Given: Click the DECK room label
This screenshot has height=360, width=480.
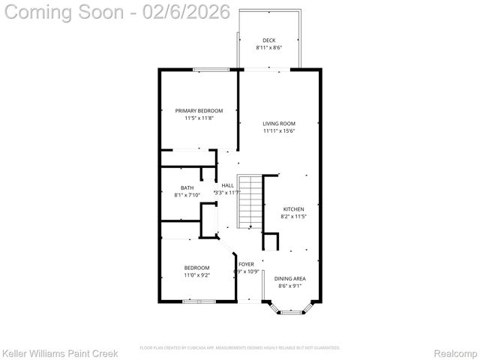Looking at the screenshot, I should click(x=268, y=40).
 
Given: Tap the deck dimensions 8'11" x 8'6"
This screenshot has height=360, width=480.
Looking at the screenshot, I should click(x=268, y=47).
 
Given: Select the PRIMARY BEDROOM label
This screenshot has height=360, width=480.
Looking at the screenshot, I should click(x=199, y=111).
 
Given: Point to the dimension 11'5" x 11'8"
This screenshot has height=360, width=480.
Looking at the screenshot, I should click(x=199, y=118).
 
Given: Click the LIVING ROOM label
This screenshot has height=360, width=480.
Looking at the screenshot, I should click(x=279, y=124).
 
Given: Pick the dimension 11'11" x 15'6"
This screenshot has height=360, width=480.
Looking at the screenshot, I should click(x=279, y=130).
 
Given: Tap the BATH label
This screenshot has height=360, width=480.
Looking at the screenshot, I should click(x=187, y=188).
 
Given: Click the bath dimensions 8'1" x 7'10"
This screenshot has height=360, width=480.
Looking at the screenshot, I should click(x=187, y=195).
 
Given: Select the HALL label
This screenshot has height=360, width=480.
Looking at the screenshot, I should click(x=227, y=185).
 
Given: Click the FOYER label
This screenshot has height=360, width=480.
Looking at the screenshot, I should click(x=246, y=265).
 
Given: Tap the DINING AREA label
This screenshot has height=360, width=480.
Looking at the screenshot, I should click(x=289, y=278).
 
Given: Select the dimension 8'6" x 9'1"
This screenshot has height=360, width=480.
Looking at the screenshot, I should click(x=289, y=286).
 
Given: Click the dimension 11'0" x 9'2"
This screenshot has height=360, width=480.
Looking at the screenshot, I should click(x=197, y=275).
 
